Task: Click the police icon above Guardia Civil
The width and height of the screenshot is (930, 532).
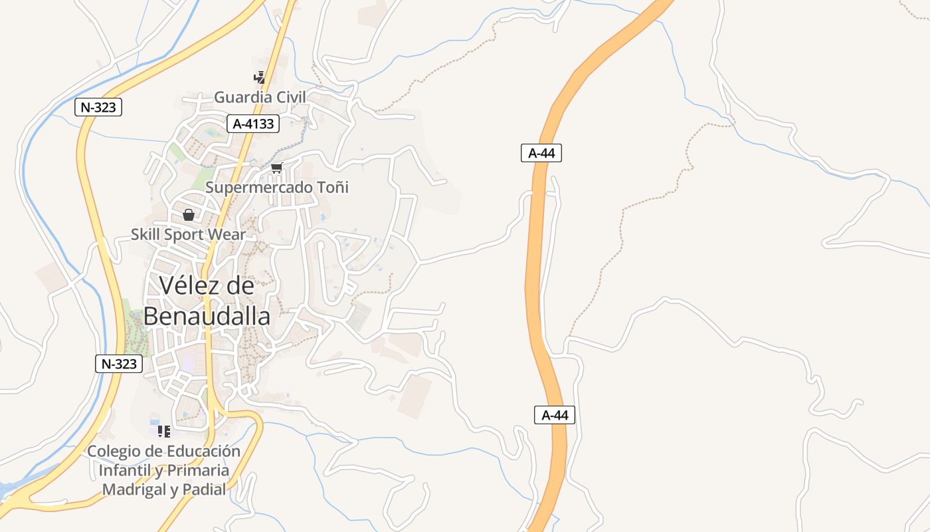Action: pyautogui.click(x=259, y=77)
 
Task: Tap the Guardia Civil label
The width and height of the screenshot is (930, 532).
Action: pyautogui.click(x=260, y=97)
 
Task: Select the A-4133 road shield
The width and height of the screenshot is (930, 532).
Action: pyautogui.click(x=253, y=123)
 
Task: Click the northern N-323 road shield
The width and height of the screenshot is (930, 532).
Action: pyautogui.click(x=98, y=107)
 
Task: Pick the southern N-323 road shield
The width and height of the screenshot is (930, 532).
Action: pyautogui.click(x=119, y=363)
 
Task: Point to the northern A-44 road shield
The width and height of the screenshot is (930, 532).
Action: pyautogui.click(x=541, y=153)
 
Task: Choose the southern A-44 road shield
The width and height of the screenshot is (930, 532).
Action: pyautogui.click(x=555, y=415)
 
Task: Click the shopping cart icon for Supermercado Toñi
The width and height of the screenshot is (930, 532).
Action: pyautogui.click(x=277, y=168)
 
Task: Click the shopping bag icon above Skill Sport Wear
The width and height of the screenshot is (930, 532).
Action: pyautogui.click(x=189, y=215)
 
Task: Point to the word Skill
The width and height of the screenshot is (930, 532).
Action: pyautogui.click(x=145, y=234)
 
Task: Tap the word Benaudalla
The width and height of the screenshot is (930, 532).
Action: pyautogui.click(x=207, y=317)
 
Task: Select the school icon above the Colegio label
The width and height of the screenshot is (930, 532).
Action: pyautogui.click(x=164, y=432)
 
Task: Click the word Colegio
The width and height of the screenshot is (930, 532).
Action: pyautogui.click(x=114, y=451)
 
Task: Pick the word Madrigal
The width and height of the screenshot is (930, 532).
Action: pyautogui.click(x=133, y=489)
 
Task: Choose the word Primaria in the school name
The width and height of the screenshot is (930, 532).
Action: pyautogui.click(x=198, y=470)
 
